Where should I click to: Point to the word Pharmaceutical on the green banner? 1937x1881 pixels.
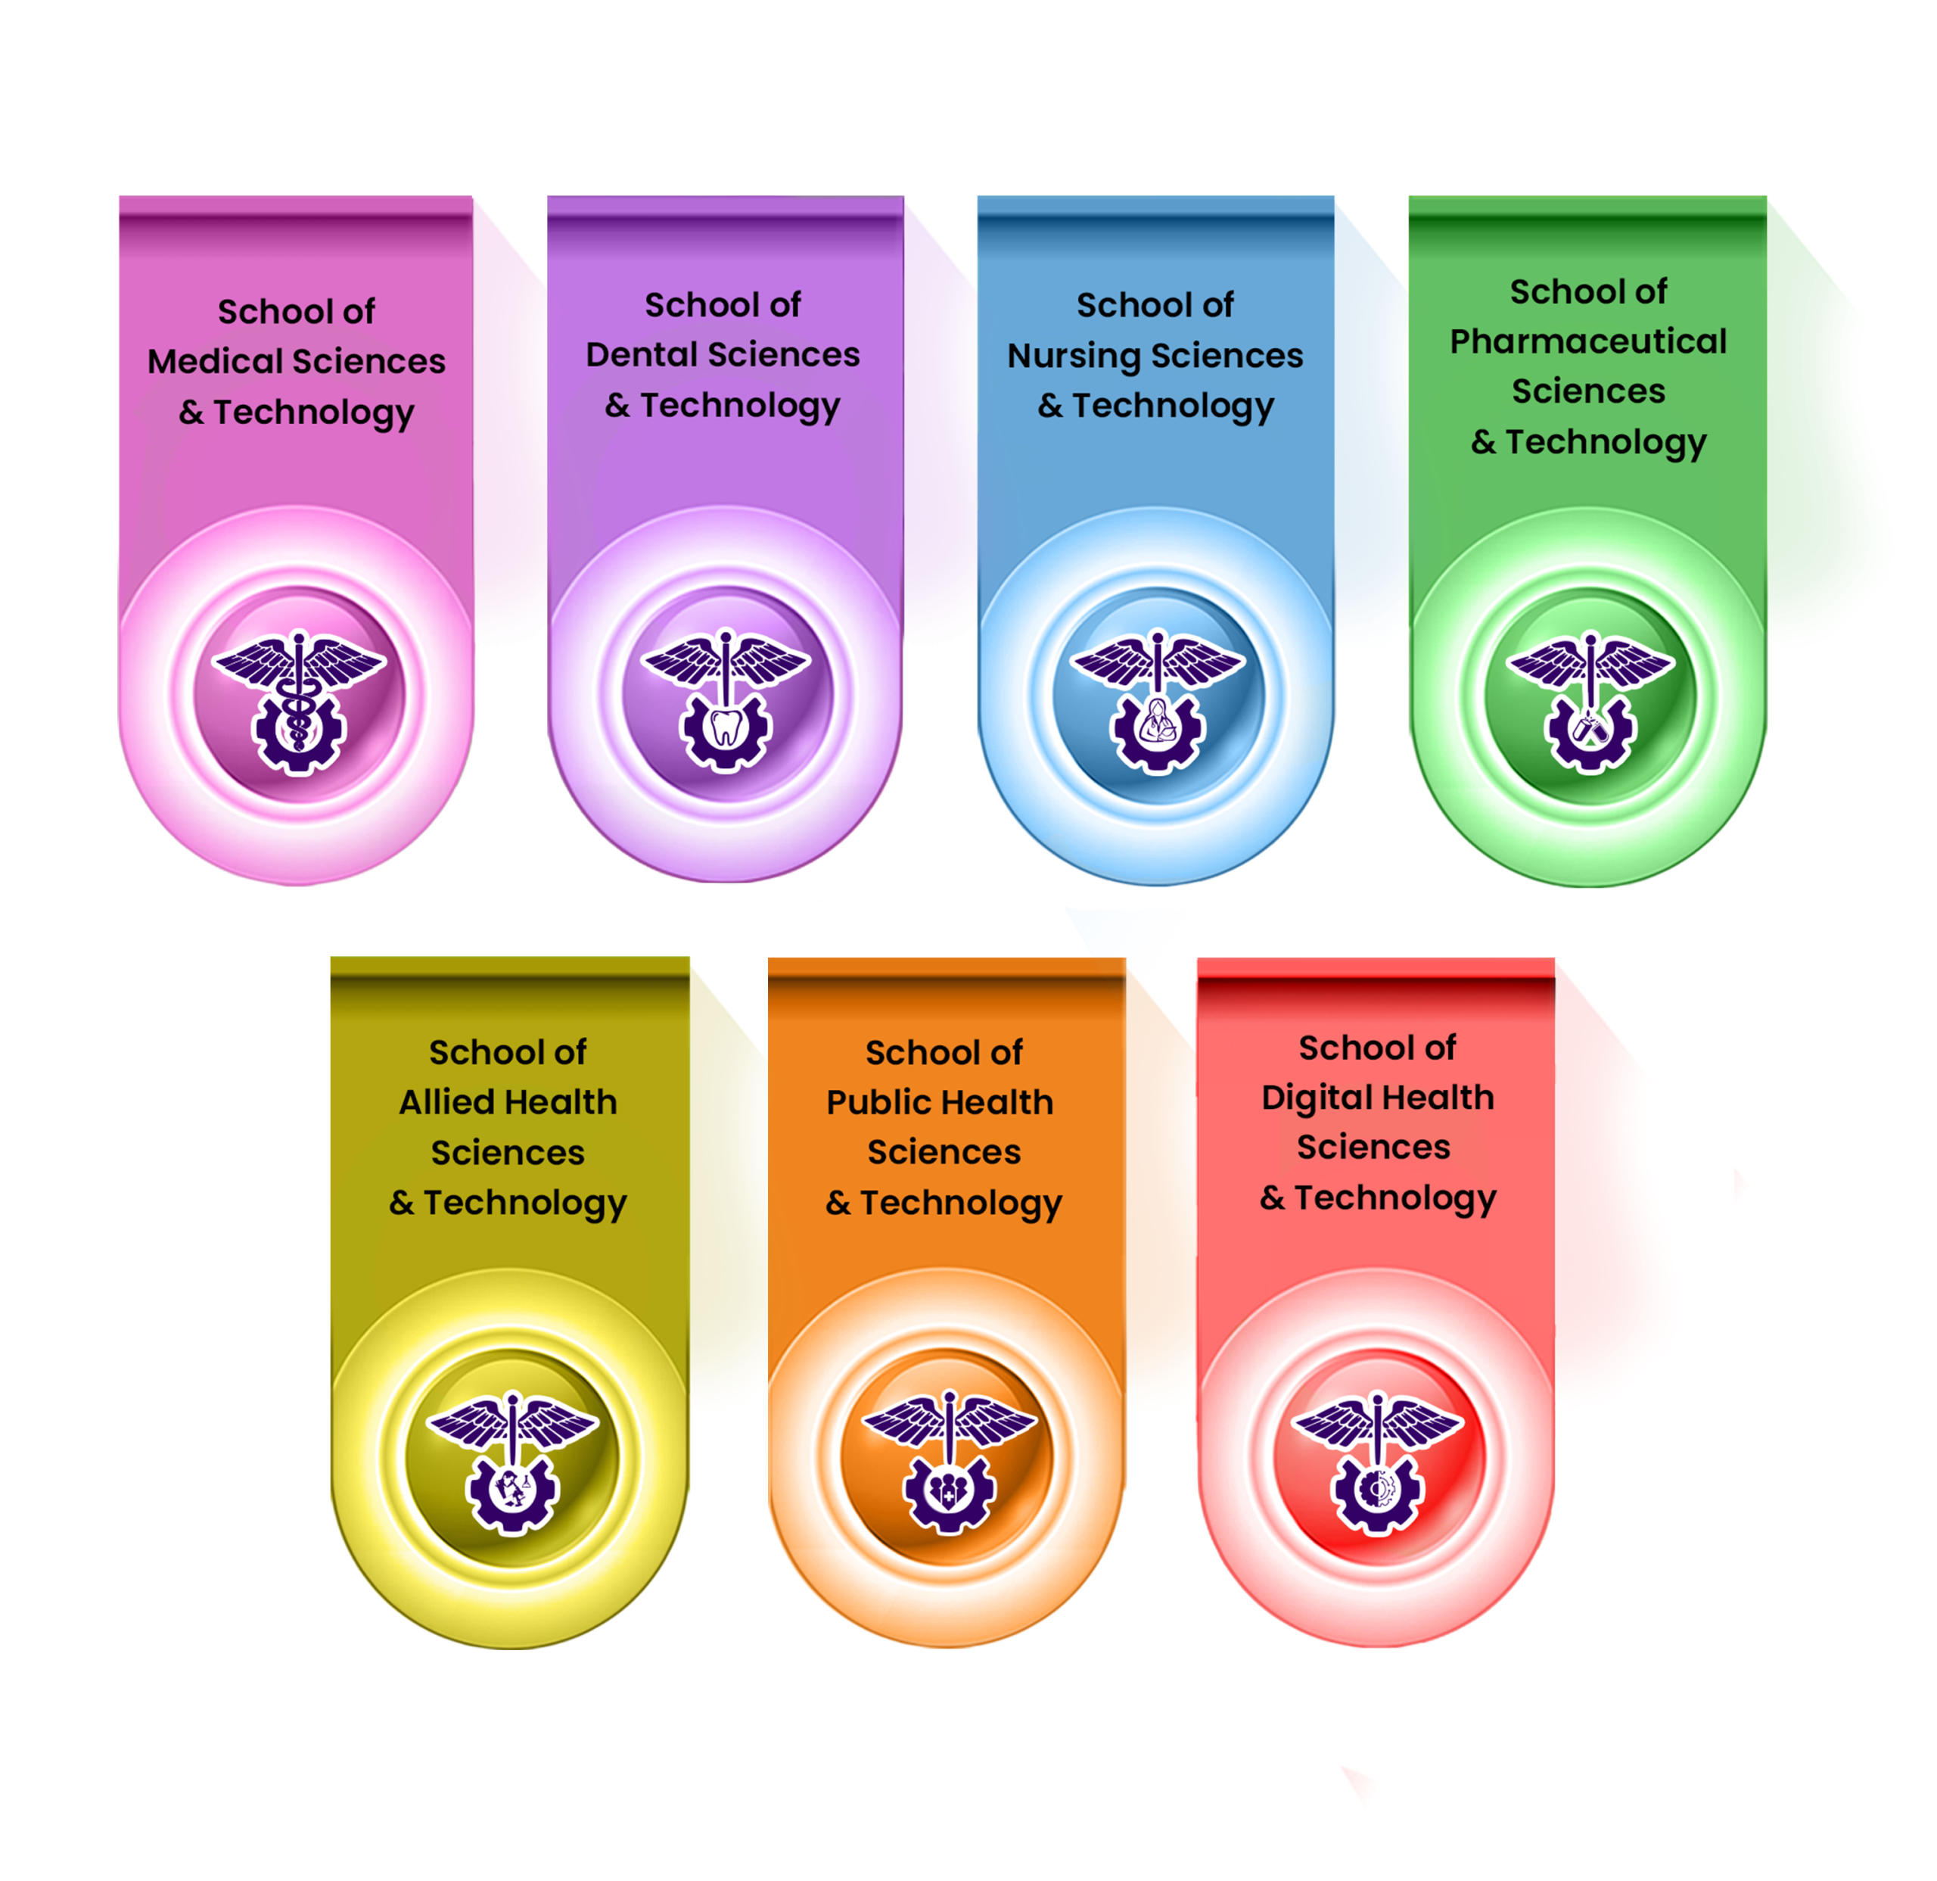pos(1588,342)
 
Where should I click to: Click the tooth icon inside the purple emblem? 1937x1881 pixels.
pos(726,728)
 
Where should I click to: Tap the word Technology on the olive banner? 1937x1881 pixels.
pos(525,1203)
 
